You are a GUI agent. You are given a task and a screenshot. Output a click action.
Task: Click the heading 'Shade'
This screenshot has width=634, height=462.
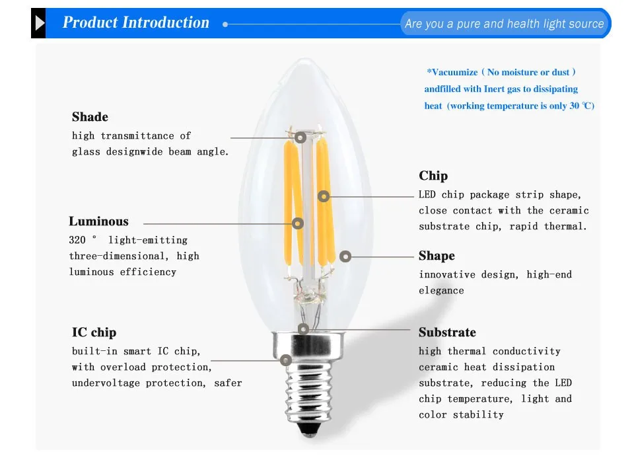pos(90,117)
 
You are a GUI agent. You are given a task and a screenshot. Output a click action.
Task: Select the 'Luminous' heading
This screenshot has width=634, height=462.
pos(98,221)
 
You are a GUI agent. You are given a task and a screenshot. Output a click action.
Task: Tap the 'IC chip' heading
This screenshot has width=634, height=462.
pos(94,332)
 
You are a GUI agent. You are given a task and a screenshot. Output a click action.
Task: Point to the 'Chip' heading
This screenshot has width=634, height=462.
pos(433,176)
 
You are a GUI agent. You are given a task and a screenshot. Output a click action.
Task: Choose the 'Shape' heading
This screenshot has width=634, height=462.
pos(437,256)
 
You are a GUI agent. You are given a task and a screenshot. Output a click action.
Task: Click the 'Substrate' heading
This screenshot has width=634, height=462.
pos(447,332)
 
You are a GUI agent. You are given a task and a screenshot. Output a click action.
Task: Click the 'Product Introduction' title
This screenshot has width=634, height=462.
pos(135,22)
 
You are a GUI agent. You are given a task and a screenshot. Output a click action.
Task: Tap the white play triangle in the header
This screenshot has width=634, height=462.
pos(40,24)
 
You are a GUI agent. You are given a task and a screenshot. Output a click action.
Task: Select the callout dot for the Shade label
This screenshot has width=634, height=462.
pos(300,137)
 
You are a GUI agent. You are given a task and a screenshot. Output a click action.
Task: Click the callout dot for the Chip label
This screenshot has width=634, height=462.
pos(324,196)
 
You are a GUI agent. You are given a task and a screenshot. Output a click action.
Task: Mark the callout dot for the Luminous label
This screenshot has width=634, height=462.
pos(298,223)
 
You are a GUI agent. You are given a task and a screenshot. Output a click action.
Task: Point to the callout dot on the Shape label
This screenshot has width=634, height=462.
pos(345,256)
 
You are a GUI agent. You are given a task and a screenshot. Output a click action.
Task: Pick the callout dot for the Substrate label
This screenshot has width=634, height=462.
pos(303,328)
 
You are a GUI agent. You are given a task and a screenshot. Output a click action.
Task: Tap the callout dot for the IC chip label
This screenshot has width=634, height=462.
pos(286,360)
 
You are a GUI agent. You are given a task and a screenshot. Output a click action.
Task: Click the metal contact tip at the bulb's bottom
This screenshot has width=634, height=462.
pos(304,438)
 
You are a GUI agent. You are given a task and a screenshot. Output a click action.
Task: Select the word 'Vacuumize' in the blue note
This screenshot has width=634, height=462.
pos(452,72)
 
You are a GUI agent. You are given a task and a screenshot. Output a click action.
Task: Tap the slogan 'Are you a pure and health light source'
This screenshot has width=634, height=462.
pos(504,24)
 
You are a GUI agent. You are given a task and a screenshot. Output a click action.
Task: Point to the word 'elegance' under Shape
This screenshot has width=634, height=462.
pos(441,291)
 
